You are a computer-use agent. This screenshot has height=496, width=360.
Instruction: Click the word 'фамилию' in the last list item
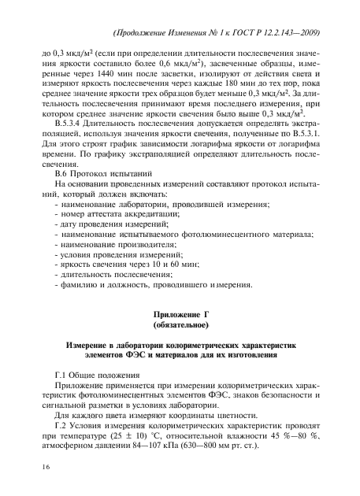tap(74, 290)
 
